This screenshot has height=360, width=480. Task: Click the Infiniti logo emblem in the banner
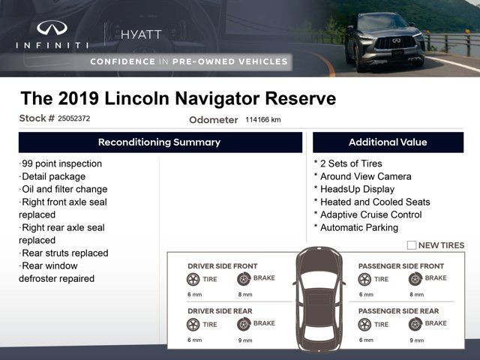coord(52,28)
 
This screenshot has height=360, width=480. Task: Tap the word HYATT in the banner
coord(141,34)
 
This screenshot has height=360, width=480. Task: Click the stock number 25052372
coord(73,118)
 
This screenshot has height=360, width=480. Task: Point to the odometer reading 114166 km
coord(263,120)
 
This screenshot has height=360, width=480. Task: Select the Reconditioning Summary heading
coord(159,142)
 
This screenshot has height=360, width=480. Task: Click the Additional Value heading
coord(388,142)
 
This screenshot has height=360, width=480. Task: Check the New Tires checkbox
coord(412,245)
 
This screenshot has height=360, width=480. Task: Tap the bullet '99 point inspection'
coord(60,163)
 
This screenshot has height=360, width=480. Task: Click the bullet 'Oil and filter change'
coord(63,189)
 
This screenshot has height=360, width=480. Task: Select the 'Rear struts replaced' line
coord(64,253)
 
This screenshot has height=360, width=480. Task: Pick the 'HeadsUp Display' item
coord(355,189)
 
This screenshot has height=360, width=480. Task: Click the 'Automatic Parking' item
coord(356,228)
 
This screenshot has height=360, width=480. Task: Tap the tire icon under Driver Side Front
coord(193,279)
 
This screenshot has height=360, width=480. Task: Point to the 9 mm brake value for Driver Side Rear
coord(245,340)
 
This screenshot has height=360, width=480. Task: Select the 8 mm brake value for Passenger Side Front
coord(417,295)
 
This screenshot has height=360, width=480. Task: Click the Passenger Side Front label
coord(401,266)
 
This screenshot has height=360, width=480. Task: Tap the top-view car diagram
coord(319,299)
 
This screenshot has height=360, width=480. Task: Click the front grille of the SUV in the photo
coord(395,43)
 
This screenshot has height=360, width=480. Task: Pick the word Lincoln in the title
coord(136,98)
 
